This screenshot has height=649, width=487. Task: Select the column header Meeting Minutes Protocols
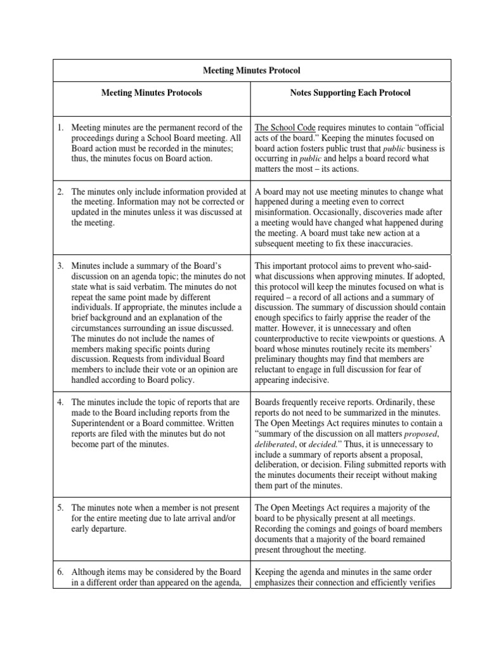tap(152, 93)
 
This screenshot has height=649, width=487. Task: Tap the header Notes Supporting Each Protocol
tap(350, 93)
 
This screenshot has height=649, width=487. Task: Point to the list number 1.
tap(60, 127)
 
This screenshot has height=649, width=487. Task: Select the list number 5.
tap(60, 508)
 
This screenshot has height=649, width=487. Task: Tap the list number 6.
tap(60, 571)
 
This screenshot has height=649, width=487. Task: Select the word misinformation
tap(285, 212)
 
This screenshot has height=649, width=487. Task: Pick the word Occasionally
tap(347, 212)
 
